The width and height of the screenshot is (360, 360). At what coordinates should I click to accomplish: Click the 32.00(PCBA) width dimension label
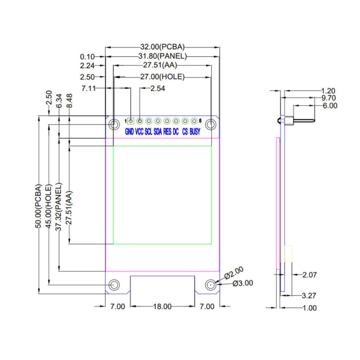(162, 47)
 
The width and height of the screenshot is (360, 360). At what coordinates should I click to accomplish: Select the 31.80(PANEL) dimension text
(162, 56)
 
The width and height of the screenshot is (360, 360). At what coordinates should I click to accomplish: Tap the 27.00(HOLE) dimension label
(162, 76)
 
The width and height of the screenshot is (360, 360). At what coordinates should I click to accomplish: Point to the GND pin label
(129, 131)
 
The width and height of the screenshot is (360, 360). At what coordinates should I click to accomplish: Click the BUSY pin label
(195, 131)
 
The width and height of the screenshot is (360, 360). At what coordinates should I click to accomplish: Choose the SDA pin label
(158, 131)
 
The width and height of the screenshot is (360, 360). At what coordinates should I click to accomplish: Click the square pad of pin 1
(130, 121)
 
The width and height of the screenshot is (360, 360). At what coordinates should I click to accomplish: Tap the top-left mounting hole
(114, 125)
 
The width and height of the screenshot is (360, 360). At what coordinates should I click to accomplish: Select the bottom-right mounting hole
(211, 285)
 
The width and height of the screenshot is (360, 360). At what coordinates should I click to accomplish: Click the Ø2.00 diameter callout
(234, 273)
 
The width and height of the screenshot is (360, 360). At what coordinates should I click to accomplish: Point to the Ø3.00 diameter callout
(243, 283)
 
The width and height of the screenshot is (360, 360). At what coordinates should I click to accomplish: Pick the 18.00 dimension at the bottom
(162, 306)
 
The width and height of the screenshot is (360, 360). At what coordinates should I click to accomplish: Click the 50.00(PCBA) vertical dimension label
(39, 206)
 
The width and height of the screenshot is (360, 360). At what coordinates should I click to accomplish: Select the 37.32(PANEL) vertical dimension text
(59, 207)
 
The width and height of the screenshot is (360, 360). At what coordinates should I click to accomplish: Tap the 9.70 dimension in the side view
(328, 98)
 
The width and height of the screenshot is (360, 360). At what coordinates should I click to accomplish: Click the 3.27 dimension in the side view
(309, 296)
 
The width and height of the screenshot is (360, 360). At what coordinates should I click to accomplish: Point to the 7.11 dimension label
(89, 88)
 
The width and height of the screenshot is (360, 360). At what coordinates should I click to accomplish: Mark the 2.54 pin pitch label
(158, 88)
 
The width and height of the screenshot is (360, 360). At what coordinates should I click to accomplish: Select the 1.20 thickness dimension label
(328, 91)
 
